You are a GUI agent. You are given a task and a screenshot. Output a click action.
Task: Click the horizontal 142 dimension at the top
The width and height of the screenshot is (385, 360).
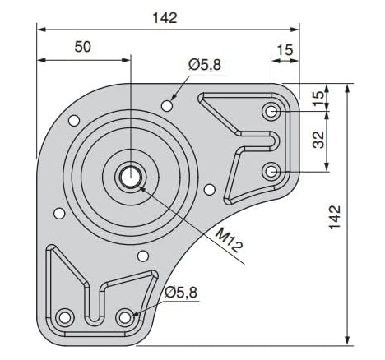coord(165,17)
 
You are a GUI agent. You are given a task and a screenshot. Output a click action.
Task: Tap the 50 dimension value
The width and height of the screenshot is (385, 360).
coord(82,47)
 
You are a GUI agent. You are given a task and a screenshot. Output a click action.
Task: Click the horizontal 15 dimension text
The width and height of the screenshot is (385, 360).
coord(285,50)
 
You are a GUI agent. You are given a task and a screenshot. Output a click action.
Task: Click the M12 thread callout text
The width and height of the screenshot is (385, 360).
coord(230,238)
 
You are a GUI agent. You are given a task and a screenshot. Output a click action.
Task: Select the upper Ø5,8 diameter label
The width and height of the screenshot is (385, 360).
coord(204,64)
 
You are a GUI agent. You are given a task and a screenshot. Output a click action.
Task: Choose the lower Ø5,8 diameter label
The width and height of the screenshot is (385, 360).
coord(180,291)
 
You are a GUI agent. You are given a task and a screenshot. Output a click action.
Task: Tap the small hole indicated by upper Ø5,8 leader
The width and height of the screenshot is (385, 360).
coord(168,104)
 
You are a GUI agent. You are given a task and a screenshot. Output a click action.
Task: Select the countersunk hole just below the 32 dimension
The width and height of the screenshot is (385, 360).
coord(272,171)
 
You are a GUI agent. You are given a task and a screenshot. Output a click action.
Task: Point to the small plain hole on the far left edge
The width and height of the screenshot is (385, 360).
coord(58,214)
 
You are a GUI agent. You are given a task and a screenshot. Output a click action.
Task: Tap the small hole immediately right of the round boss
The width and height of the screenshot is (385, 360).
coord(209,188)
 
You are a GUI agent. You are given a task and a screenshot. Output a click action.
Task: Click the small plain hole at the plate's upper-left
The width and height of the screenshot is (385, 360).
coord(74,121)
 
